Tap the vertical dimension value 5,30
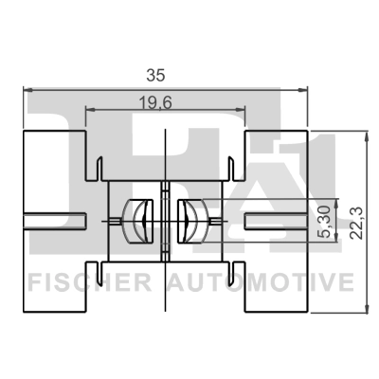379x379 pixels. [x=324, y=220]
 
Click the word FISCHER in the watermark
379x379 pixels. [x=93, y=282]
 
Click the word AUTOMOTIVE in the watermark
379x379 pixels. [x=260, y=282]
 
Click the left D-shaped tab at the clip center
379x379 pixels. [x=140, y=221]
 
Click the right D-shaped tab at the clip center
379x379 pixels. [x=189, y=221]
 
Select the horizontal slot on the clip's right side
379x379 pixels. [x=275, y=221]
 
